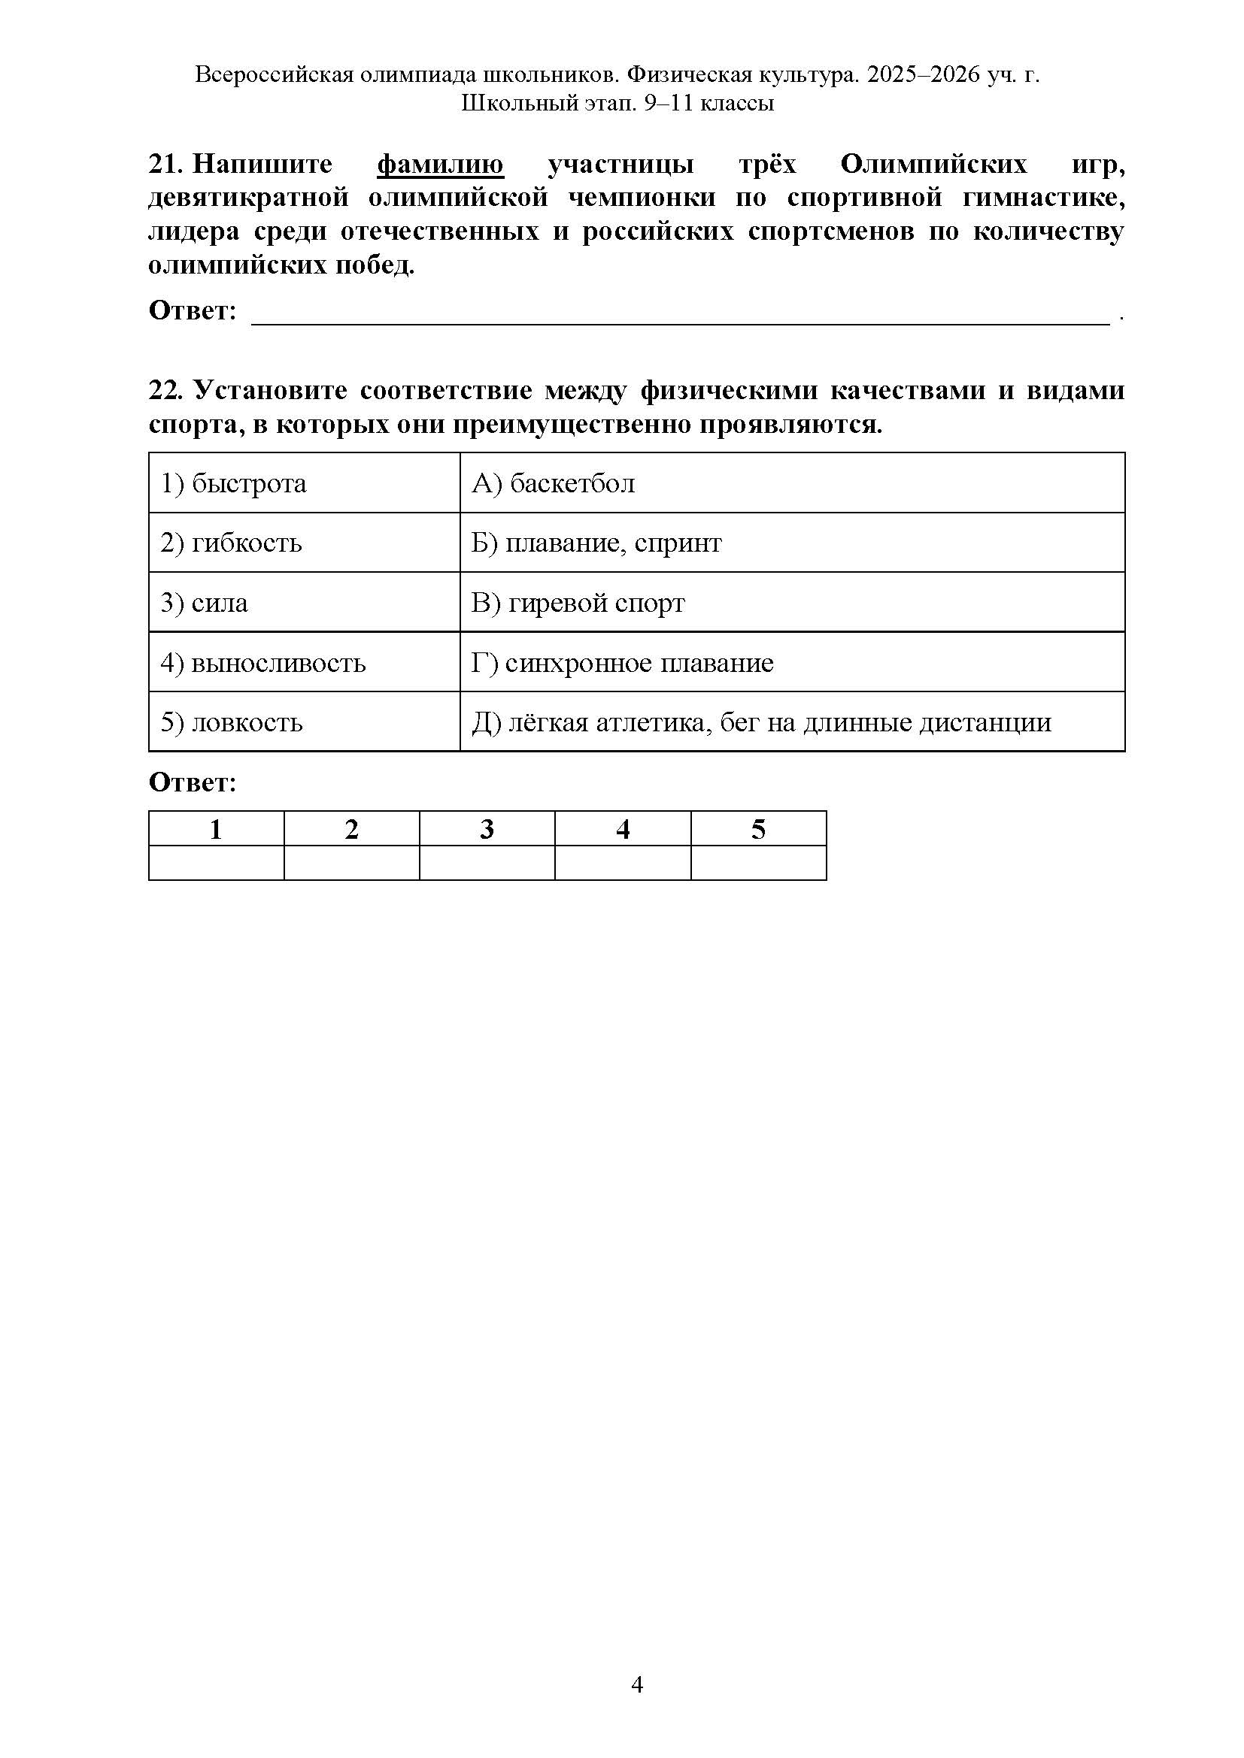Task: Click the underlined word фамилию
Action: pyautogui.click(x=441, y=165)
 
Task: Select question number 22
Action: pyautogui.click(x=165, y=391)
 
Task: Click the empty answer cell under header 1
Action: pyautogui.click(x=216, y=863)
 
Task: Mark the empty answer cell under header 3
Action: pyautogui.click(x=487, y=863)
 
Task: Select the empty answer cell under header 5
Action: pyautogui.click(x=758, y=863)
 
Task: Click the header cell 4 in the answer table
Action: pyautogui.click(x=623, y=829)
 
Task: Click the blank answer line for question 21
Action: pyautogui.click(x=680, y=316)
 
